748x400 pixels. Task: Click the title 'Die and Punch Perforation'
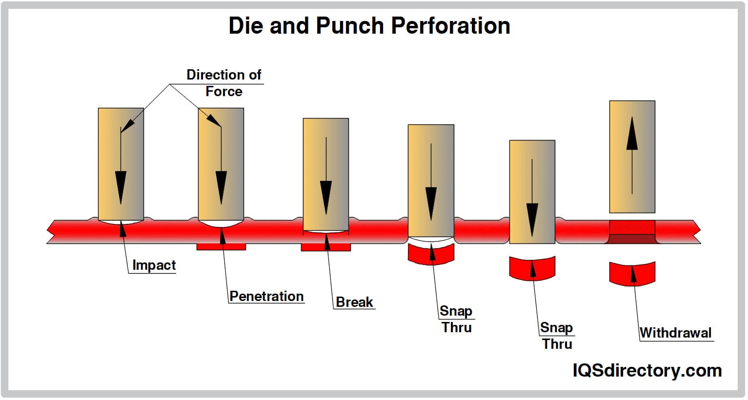point(369,25)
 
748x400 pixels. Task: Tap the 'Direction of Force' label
point(224,82)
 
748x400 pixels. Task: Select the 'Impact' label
point(154,265)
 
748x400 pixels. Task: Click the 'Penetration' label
point(266,296)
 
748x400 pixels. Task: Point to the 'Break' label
point(354,302)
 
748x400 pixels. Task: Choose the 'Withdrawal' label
point(675,333)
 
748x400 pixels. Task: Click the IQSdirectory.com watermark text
point(647,371)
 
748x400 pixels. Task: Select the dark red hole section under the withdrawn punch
point(632,239)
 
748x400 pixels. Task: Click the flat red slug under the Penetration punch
point(221,247)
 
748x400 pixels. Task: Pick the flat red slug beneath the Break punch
point(325,247)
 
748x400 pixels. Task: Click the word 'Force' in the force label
point(224,91)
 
